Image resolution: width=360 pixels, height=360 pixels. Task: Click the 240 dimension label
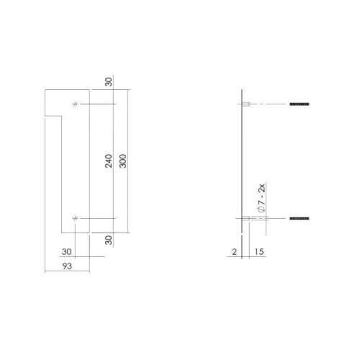(x=109, y=161)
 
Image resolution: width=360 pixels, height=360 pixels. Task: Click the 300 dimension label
(x=122, y=161)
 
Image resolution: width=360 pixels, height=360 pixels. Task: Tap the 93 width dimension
(x=67, y=266)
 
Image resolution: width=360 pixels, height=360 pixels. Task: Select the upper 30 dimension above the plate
(x=109, y=81)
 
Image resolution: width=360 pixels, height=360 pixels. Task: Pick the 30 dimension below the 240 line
(x=109, y=240)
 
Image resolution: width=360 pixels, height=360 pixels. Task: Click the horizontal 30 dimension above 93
(x=66, y=251)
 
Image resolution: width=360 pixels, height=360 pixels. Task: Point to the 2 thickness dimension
(x=234, y=252)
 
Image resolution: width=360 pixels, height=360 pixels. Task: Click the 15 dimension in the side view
(x=259, y=252)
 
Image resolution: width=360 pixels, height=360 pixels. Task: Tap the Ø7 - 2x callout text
(x=261, y=198)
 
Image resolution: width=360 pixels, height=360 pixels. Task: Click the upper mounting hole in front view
(x=76, y=104)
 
